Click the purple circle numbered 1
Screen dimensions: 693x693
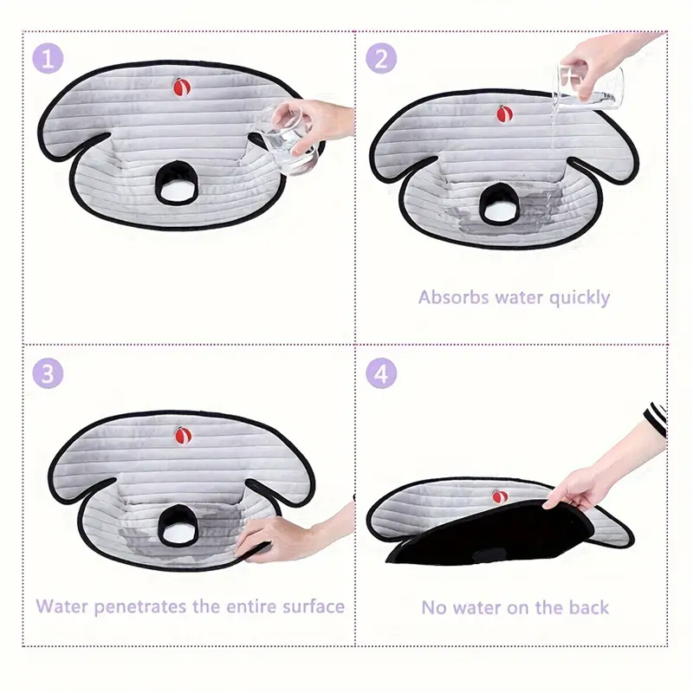49,59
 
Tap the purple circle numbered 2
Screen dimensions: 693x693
380,59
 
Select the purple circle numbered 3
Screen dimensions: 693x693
49,374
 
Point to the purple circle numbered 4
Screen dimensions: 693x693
380,374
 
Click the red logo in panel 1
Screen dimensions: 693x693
181,87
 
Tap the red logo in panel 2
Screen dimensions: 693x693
503,113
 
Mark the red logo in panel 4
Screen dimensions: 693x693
499,496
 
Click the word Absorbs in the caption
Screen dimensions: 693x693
454,297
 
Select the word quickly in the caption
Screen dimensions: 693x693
578,298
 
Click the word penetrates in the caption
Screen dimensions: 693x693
139,606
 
